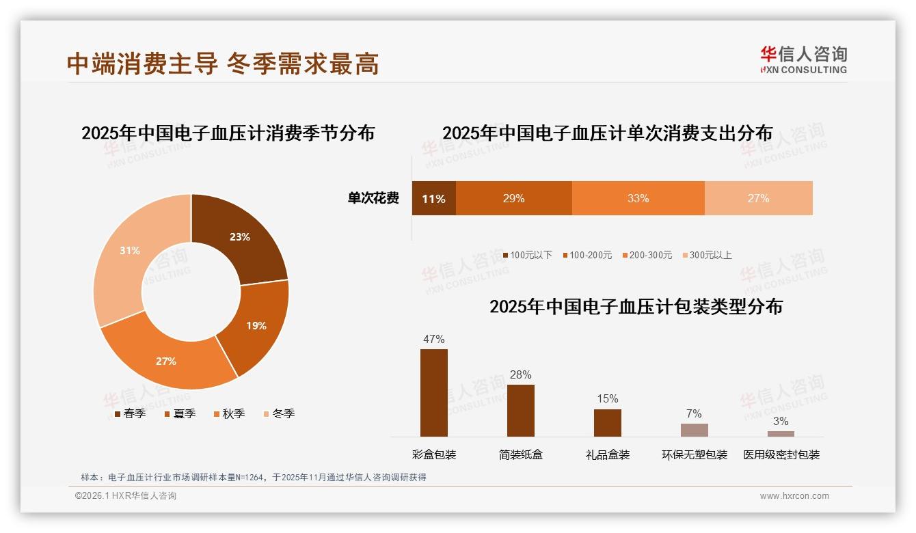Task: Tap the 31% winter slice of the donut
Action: pyautogui.click(x=130, y=251)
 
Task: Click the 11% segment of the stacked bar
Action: pyautogui.click(x=433, y=199)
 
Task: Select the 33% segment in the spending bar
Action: pyautogui.click(x=638, y=199)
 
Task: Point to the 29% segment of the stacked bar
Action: pyautogui.click(x=513, y=199)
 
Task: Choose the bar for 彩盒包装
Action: pyautogui.click(x=434, y=393)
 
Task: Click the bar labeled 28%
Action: pyautogui.click(x=521, y=410)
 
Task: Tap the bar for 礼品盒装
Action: pyautogui.click(x=608, y=422)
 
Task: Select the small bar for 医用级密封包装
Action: pyautogui.click(x=781, y=433)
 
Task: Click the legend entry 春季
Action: pyautogui.click(x=130, y=413)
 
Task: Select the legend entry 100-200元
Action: pyautogui.click(x=588, y=255)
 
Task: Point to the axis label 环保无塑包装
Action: pyautogui.click(x=695, y=454)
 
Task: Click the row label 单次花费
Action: pyautogui.click(x=373, y=199)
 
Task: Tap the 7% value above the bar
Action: pyautogui.click(x=694, y=413)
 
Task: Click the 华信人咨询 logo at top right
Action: pyautogui.click(x=804, y=60)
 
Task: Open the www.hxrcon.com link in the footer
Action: pyautogui.click(x=794, y=496)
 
